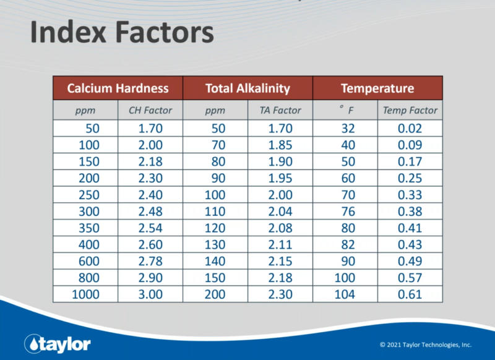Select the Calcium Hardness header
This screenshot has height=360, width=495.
118,88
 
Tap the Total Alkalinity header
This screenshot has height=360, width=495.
247,88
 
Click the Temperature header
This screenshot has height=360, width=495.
377,88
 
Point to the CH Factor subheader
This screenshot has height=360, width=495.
150,111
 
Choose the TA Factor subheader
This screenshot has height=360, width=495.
280,111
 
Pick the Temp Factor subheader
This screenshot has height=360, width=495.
410,111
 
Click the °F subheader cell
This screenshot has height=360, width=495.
345,111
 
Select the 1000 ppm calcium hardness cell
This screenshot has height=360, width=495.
85,294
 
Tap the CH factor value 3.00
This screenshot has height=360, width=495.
150,294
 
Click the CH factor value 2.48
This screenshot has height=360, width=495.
150,211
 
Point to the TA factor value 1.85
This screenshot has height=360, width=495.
280,145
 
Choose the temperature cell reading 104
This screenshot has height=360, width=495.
345,294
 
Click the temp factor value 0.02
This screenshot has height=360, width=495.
410,129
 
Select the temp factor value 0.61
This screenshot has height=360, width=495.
410,294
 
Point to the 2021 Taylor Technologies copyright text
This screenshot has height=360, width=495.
426,345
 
